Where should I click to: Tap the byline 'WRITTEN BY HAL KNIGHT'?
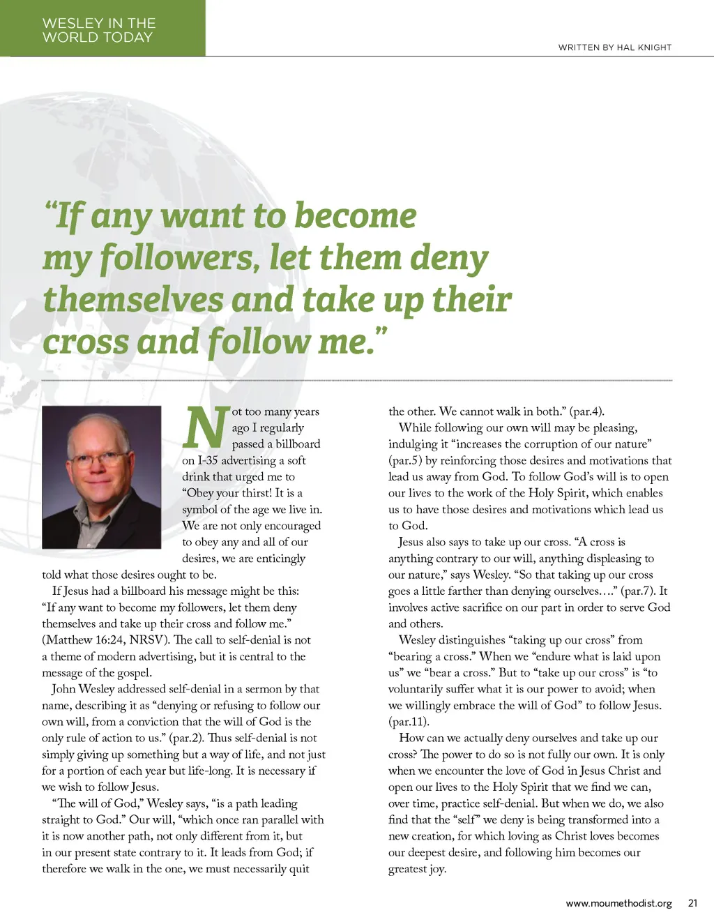click(614, 47)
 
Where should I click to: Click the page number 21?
click(692, 903)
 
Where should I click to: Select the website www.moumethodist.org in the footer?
click(618, 903)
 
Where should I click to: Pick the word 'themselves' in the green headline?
click(132, 300)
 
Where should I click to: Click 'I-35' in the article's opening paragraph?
click(208, 460)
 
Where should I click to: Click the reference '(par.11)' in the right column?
click(409, 722)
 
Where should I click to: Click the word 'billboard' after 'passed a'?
click(298, 444)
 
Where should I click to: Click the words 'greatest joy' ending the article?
click(417, 869)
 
